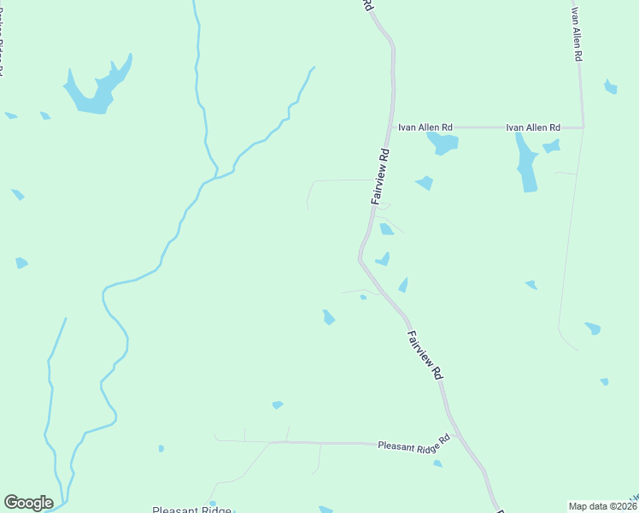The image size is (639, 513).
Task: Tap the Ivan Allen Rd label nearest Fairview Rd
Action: pos(425,127)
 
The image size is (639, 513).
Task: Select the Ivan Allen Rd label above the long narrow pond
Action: pos(533,127)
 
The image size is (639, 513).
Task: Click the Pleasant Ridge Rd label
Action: pos(413,443)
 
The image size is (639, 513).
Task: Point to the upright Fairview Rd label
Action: pos(381,177)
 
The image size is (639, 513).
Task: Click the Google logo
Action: pos(28,503)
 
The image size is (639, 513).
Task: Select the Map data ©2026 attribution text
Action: pos(603,506)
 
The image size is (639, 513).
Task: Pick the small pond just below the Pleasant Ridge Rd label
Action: pos(437,463)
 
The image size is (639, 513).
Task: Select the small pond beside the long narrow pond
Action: pos(552,146)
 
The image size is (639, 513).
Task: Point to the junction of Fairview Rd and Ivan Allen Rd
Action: pos(394,127)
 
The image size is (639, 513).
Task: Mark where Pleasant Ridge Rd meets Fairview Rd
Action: pos(457,435)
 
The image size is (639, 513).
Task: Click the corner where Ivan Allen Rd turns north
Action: pos(583,127)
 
